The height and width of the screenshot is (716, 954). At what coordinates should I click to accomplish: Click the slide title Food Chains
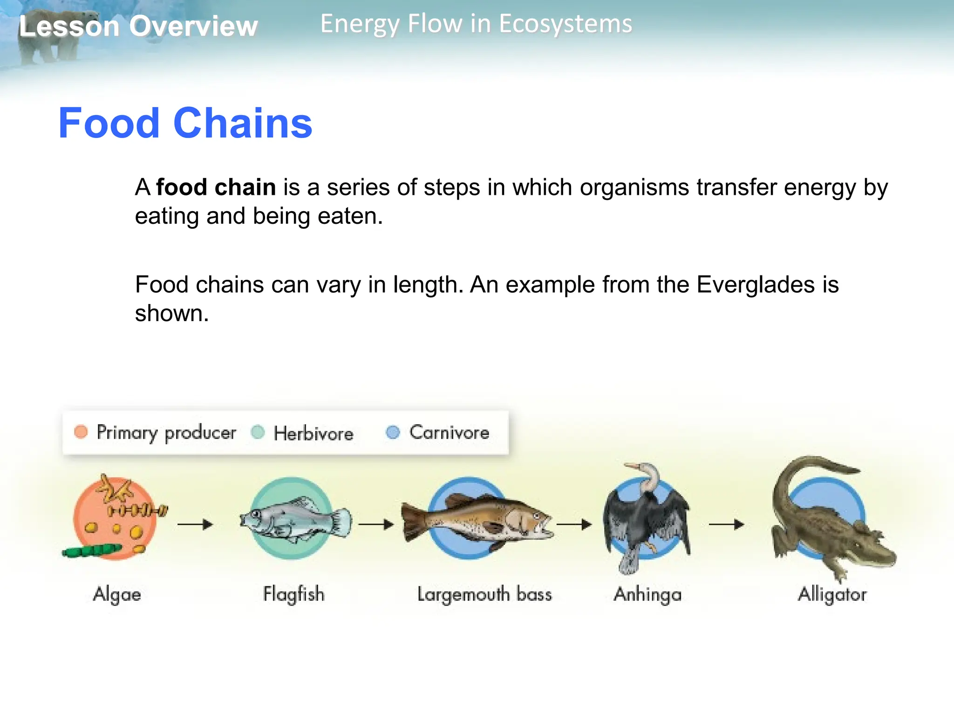pyautogui.click(x=185, y=123)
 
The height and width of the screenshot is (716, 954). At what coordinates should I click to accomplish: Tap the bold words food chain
pyautogui.click(x=216, y=187)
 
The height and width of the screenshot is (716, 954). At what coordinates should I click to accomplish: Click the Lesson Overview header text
pyautogui.click(x=138, y=26)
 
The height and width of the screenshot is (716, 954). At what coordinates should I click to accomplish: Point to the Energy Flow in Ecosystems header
pyautogui.click(x=476, y=24)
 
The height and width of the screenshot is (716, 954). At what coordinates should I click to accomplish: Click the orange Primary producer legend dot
pyautogui.click(x=81, y=432)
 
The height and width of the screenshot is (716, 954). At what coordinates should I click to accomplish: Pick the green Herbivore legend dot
pyautogui.click(x=258, y=432)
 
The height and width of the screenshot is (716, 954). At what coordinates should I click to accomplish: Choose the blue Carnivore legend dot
pyautogui.click(x=393, y=432)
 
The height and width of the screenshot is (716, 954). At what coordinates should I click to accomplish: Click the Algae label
pyautogui.click(x=117, y=594)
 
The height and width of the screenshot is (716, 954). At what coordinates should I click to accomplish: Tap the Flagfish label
pyautogui.click(x=293, y=594)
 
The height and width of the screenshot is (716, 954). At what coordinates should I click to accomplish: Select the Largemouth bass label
pyautogui.click(x=484, y=594)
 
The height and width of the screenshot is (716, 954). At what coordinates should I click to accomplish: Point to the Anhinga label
pyautogui.click(x=647, y=594)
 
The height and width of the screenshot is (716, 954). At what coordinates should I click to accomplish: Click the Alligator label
pyautogui.click(x=832, y=594)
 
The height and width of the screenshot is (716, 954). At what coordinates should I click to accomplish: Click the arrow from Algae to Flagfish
pyautogui.click(x=195, y=525)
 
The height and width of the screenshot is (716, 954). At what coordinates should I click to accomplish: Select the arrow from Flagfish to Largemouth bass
pyautogui.click(x=376, y=525)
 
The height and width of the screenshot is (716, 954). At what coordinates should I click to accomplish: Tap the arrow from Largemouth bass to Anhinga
pyautogui.click(x=574, y=525)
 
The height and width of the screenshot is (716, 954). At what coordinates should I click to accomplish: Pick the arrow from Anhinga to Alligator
pyautogui.click(x=726, y=525)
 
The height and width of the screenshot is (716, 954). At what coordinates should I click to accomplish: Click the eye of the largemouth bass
pyautogui.click(x=536, y=516)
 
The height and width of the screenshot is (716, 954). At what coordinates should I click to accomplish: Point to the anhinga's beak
pyautogui.click(x=631, y=466)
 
